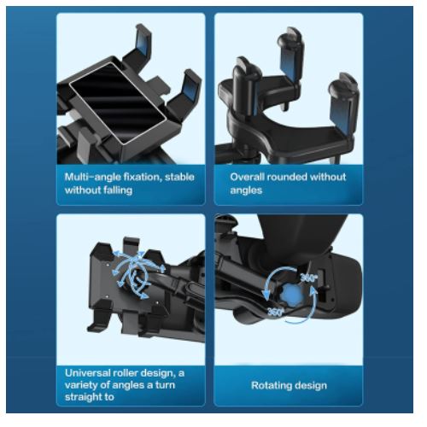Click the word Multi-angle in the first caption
pos(93,178)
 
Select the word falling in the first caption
pos(118,190)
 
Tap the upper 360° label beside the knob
pos(308,278)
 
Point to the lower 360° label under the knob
pos(275,312)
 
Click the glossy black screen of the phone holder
pos(118,102)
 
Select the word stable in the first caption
pos(179,177)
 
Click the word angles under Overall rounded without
pos(246,190)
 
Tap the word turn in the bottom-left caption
pos(165,385)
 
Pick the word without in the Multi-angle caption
pos(83,190)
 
